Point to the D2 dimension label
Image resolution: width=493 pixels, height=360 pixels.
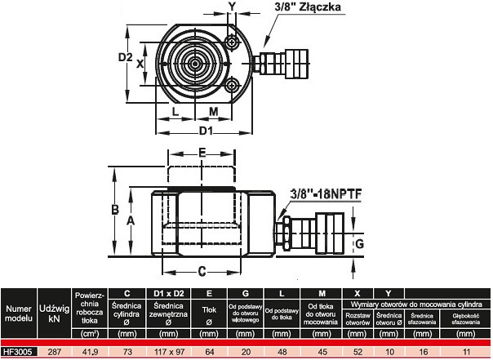[x=125, y=58]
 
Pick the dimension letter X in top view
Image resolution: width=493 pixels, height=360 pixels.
[x=140, y=63]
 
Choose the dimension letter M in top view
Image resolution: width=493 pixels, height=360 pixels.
[x=213, y=111]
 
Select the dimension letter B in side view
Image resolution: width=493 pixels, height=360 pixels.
[x=116, y=209]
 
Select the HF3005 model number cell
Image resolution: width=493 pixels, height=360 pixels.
[x=19, y=352]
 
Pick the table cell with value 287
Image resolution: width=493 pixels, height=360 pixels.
[x=56, y=352]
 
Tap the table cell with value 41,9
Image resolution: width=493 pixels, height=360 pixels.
[x=90, y=352]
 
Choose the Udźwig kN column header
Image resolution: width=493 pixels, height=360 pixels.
[x=56, y=314]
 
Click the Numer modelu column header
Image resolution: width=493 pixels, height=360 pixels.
[x=19, y=314]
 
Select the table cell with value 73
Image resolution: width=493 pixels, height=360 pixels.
[x=127, y=352]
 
